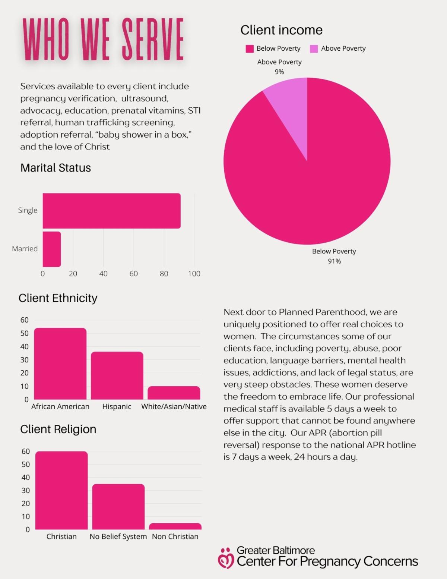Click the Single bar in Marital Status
[111, 211]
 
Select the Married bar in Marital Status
[52, 249]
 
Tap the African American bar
[60, 364]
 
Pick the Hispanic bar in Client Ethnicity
[117, 375]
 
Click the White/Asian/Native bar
[174, 393]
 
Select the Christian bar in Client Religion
[62, 490]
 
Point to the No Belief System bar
[118, 507]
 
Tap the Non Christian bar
[175, 526]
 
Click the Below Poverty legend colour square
[250, 49]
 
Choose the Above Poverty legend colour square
[314, 49]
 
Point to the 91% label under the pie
[334, 261]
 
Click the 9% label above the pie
[279, 72]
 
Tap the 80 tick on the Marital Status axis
[164, 274]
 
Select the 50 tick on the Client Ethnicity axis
[25, 333]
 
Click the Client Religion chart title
[58, 429]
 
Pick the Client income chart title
[281, 30]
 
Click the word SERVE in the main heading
[153, 39]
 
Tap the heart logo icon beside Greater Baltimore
[226, 558]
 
